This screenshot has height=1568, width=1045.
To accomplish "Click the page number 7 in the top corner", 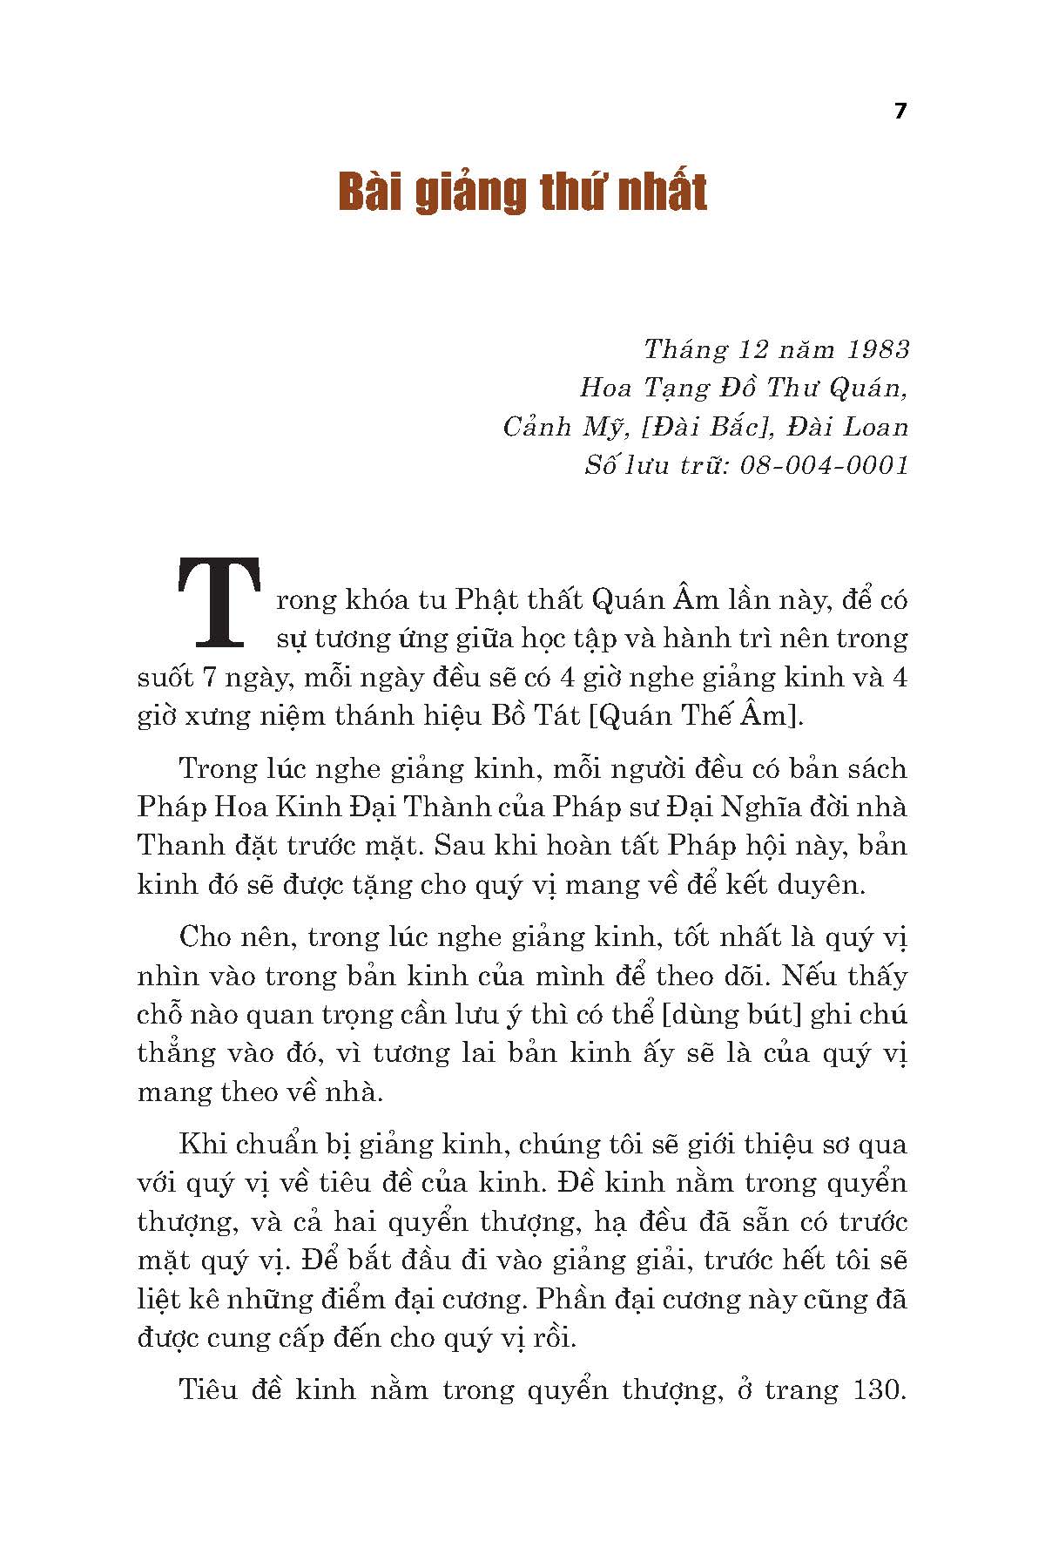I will [x=900, y=112].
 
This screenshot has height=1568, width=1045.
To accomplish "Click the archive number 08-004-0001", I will [x=822, y=465].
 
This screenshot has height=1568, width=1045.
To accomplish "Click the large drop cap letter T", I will [x=219, y=602].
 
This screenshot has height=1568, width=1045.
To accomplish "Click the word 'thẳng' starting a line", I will [x=176, y=1054].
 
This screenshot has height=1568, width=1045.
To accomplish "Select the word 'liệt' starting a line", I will [x=158, y=1299].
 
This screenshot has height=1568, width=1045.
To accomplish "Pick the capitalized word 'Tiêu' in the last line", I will [x=208, y=1389].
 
